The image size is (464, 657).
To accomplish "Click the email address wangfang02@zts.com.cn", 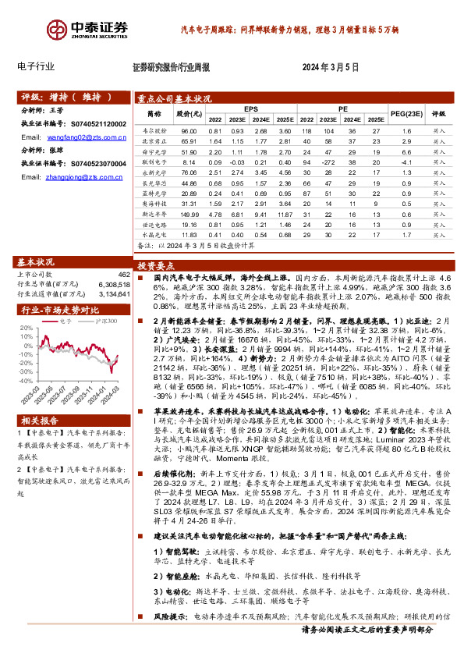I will pyautogui.click(x=87, y=137).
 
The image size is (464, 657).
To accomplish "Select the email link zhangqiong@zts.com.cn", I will pyautogui.click(x=87, y=177).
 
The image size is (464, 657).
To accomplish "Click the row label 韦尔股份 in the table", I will pyautogui.click(x=154, y=131).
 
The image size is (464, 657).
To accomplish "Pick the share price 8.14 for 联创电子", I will pyautogui.click(x=188, y=162).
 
